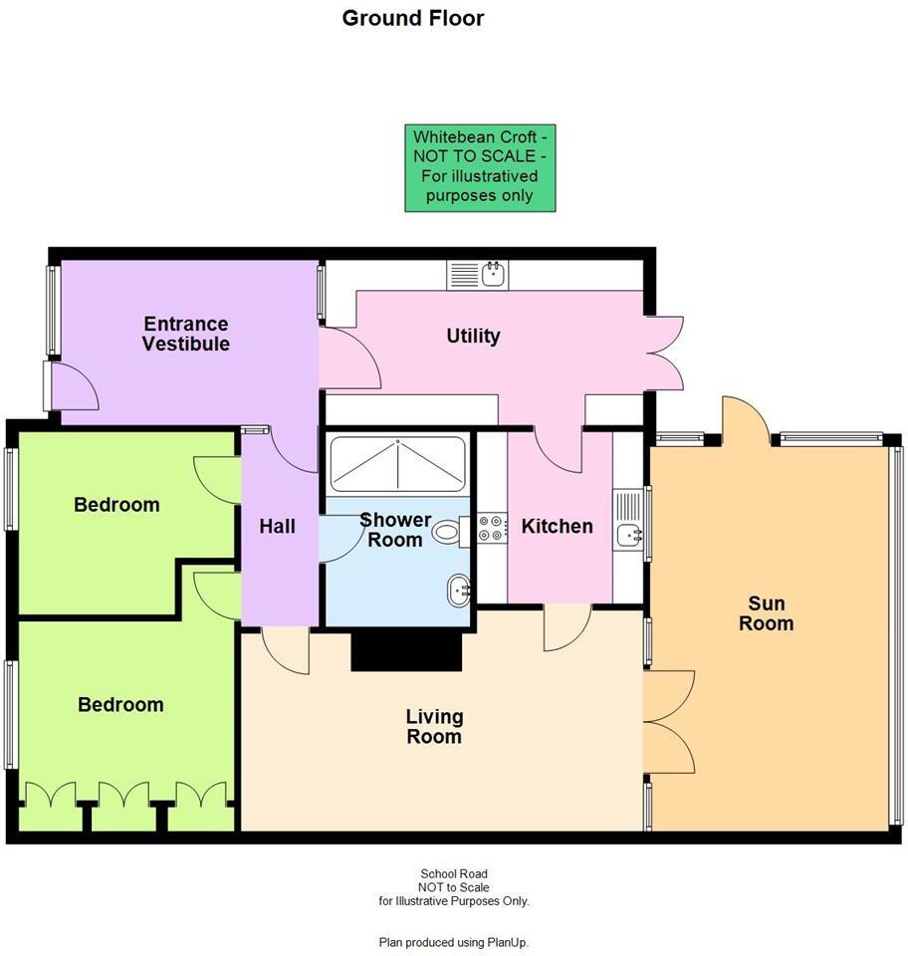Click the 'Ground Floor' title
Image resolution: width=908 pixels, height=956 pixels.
coord(413,18)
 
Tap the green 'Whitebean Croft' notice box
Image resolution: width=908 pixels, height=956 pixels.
coord(480,166)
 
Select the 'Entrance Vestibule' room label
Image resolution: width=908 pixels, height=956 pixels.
coord(185,334)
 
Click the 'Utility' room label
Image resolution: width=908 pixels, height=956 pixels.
coord(473,336)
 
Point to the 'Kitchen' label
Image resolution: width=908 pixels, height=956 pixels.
coord(557,526)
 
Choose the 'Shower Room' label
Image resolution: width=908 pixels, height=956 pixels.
coord(395,529)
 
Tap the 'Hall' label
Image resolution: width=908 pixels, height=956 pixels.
coord(277,526)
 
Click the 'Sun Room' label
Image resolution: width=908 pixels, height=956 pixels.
coord(772,612)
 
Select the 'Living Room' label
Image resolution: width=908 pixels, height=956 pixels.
coord(434,726)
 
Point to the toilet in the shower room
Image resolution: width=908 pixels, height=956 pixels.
coord(447,534)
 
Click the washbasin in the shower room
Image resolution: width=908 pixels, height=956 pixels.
coord(458,589)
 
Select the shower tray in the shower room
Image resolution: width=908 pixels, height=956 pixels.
coord(397,465)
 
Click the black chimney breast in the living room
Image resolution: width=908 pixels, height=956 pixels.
coord(407,651)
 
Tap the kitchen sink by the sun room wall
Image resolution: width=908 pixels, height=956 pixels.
coord(631,535)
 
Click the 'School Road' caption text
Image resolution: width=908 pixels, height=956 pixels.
coord(453,874)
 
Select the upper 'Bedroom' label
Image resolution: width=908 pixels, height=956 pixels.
coord(116,505)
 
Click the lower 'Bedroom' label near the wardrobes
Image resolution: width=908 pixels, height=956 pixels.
coord(120,705)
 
